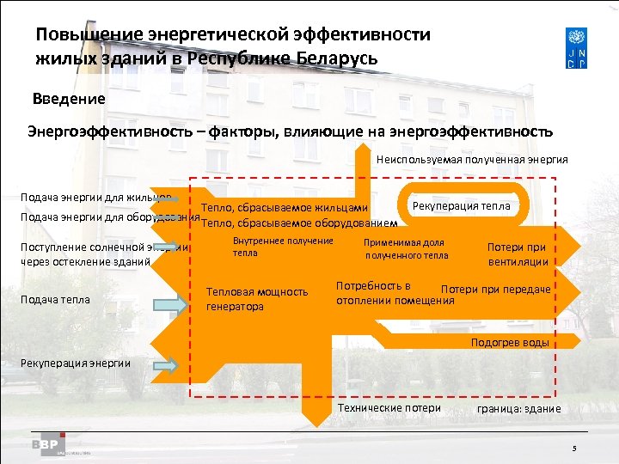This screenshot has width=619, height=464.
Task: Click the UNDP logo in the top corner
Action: click(578, 50)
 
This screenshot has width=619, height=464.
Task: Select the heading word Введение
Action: click(69, 99)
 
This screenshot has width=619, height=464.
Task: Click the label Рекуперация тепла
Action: click(462, 205)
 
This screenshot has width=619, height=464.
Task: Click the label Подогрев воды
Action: click(510, 343)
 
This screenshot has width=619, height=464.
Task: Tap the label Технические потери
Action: click(389, 407)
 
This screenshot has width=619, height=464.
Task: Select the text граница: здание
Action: click(518, 409)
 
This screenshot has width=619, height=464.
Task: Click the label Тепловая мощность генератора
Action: click(257, 299)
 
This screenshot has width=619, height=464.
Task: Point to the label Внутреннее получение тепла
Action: click(283, 247)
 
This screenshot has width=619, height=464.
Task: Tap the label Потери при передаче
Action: click(495, 290)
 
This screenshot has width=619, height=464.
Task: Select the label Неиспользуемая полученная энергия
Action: click(472, 160)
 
